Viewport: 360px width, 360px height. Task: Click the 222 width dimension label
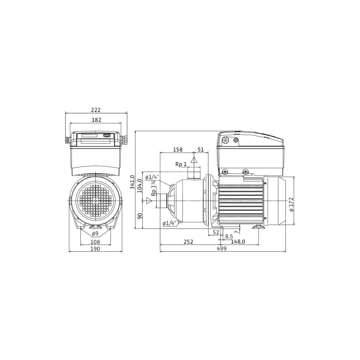tap(96, 110)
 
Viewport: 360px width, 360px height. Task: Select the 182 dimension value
tap(96, 120)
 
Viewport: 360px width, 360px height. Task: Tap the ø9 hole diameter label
tap(95, 234)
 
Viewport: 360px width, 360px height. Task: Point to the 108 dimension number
tap(95, 242)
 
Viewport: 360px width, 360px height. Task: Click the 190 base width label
tap(95, 249)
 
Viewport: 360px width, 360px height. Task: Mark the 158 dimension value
tap(178, 150)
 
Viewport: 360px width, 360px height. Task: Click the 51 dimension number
tap(201, 150)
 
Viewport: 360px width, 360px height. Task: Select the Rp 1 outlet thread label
tap(181, 164)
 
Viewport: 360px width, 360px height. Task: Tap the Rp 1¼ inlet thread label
tap(154, 188)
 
